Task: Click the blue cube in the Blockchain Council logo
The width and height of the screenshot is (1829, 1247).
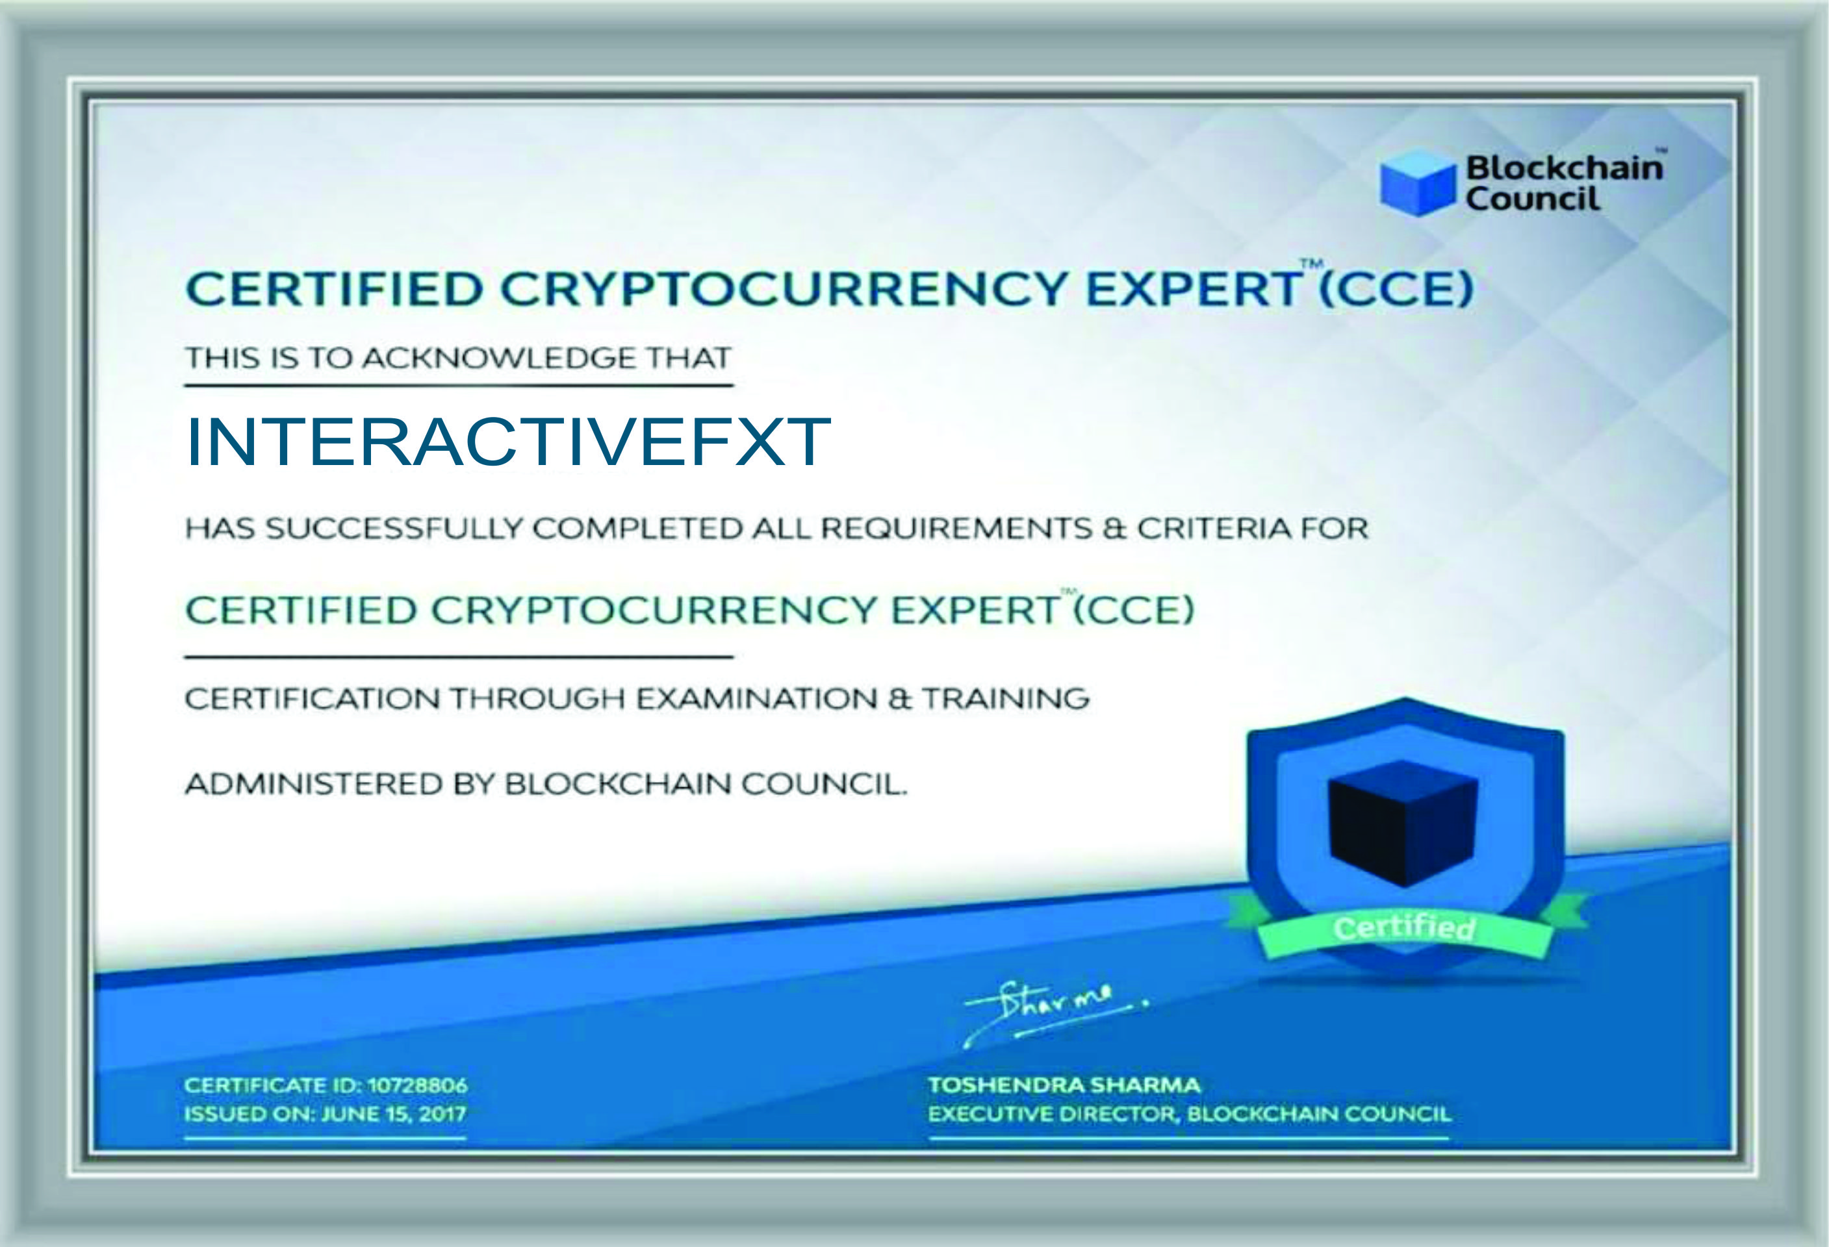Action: (x=1418, y=182)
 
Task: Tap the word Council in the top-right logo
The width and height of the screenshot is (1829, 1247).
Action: (x=1532, y=198)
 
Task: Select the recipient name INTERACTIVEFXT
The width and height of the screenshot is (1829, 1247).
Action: (x=508, y=442)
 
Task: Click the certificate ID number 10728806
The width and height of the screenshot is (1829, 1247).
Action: (x=417, y=1085)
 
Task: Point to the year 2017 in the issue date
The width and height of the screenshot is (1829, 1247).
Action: (x=443, y=1114)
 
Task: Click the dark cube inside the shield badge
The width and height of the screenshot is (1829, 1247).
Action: (x=1403, y=823)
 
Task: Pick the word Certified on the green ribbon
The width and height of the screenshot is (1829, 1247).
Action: (x=1404, y=928)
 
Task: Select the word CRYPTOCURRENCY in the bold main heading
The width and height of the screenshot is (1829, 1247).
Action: (x=783, y=289)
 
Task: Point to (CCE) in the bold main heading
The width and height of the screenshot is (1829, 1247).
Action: (x=1394, y=290)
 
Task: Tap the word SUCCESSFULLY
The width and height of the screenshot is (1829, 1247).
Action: (x=394, y=528)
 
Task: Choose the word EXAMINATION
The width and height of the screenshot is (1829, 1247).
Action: (x=756, y=699)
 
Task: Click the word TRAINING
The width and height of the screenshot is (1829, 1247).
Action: (x=1006, y=699)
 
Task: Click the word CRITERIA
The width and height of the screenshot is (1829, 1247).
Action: (x=1212, y=528)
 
